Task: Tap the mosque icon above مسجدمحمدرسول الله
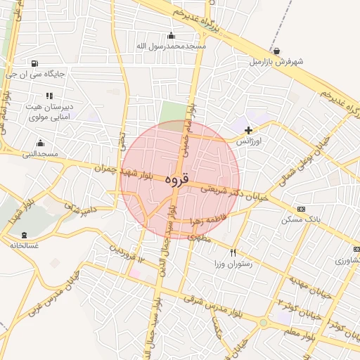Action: tap(171, 36)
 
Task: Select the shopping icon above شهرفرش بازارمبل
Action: tap(277, 51)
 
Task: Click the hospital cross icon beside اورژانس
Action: tap(248, 130)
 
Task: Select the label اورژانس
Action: tap(248, 141)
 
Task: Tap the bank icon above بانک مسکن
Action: tap(302, 209)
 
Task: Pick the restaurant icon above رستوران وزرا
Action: tap(233, 252)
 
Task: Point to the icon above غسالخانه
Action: tap(25, 234)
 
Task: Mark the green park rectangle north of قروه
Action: tap(170, 112)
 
